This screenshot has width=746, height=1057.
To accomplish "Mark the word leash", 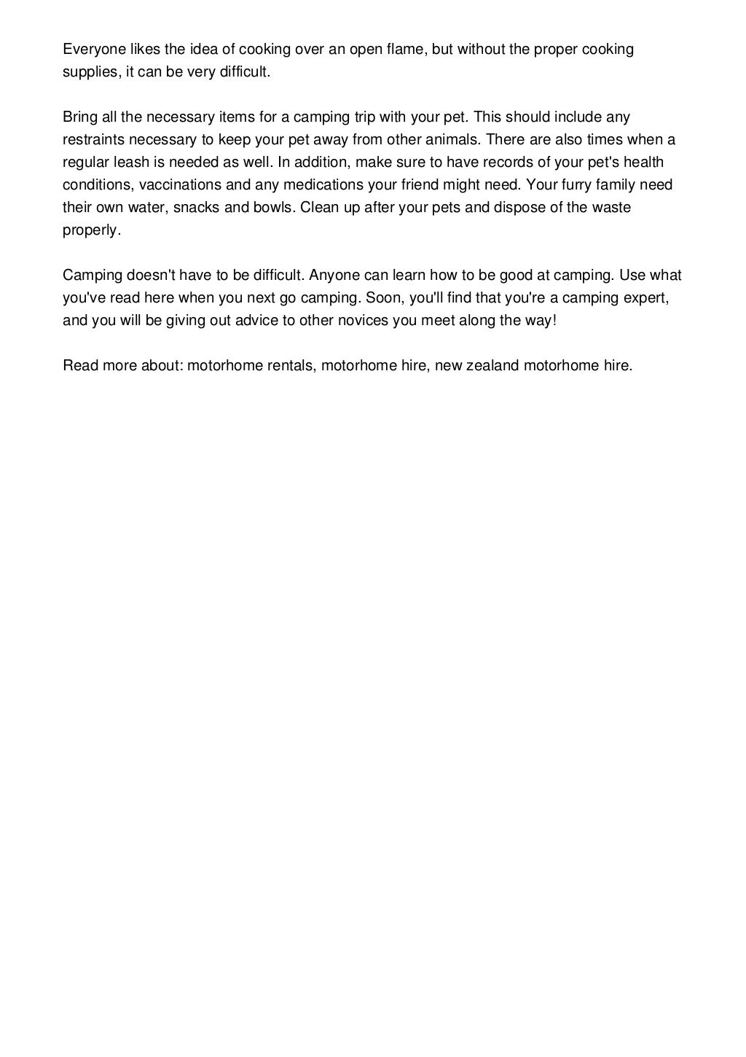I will (134, 163).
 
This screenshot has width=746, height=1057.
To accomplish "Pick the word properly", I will (90, 230).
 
